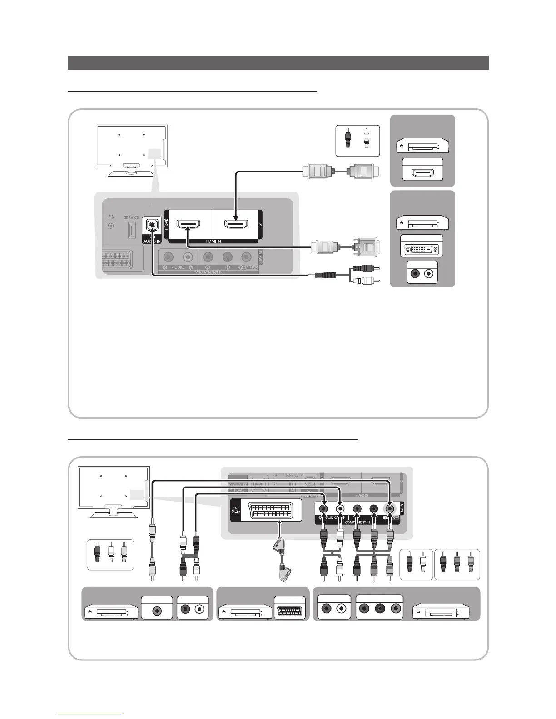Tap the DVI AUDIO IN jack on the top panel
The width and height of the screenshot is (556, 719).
point(152,224)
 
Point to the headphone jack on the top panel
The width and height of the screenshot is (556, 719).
point(110,226)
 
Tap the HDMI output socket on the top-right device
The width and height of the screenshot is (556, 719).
point(422,173)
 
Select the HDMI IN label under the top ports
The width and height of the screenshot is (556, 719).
point(213,241)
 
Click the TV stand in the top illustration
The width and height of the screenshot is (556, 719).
point(131,172)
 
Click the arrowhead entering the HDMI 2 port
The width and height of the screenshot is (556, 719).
point(235,219)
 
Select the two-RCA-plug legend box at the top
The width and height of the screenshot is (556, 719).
point(357,140)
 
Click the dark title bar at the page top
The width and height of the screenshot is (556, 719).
point(278,63)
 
